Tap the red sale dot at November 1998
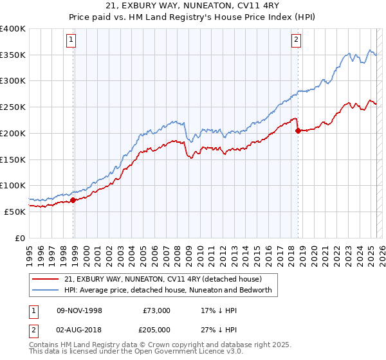click(x=73, y=200)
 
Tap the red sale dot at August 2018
click(x=298, y=130)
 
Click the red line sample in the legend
click(x=46, y=279)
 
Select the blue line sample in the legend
click(x=46, y=290)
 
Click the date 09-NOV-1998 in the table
click(x=80, y=310)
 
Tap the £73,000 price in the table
click(x=157, y=310)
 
